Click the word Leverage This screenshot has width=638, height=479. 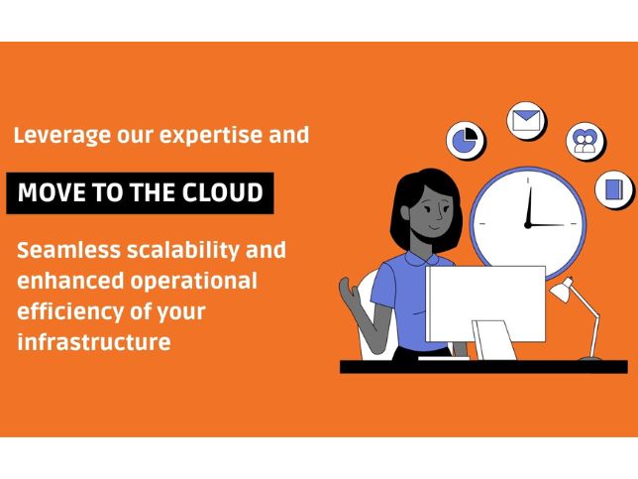(x=62, y=136)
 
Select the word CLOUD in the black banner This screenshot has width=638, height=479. (x=223, y=192)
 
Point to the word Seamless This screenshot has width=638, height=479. (x=68, y=250)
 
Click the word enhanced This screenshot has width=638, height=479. (x=70, y=281)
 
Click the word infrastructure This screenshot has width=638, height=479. (x=94, y=342)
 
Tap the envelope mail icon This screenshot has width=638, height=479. (x=526, y=121)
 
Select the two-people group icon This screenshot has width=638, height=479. (x=585, y=141)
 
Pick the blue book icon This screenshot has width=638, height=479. (x=613, y=189)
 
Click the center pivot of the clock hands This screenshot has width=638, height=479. (x=528, y=225)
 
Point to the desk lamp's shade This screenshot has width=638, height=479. (x=563, y=290)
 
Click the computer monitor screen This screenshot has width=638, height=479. (x=485, y=303)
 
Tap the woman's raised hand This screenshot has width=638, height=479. (x=349, y=293)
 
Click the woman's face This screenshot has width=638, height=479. (x=435, y=212)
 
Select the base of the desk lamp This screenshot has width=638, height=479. (x=590, y=358)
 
